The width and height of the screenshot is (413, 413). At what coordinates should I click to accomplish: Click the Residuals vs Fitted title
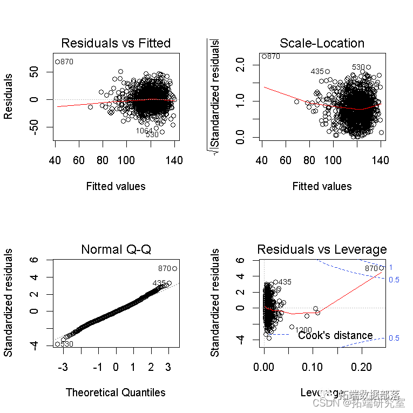[116, 43]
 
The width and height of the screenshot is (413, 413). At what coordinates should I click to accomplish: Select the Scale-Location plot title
[322, 43]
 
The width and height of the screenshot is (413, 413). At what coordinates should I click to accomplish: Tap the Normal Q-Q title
[116, 249]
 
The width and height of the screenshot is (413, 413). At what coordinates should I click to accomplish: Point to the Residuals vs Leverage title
[322, 249]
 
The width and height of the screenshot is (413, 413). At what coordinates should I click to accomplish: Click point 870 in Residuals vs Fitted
[57, 62]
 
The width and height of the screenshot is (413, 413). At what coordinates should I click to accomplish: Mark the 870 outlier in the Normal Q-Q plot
[174, 268]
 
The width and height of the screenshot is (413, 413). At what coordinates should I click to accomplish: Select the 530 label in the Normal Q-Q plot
[66, 344]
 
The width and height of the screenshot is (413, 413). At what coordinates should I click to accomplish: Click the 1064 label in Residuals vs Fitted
[144, 131]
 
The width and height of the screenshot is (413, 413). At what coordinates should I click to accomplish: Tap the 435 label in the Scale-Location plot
[317, 71]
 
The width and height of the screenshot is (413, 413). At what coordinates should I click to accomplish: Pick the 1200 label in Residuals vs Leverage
[303, 329]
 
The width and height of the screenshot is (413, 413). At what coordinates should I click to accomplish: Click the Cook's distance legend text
[335, 335]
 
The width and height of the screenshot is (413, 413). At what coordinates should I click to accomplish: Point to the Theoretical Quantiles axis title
[116, 392]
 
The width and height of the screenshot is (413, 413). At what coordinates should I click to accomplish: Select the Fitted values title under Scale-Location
[322, 186]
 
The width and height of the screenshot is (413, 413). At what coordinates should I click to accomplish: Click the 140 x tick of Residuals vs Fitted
[174, 160]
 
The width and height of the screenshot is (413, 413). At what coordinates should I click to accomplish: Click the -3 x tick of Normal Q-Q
[63, 367]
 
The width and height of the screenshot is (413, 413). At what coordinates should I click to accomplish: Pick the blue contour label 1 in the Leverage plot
[390, 267]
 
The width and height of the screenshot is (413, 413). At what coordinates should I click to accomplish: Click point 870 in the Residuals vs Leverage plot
[381, 268]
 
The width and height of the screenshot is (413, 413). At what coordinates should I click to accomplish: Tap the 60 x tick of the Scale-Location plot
[286, 160]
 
